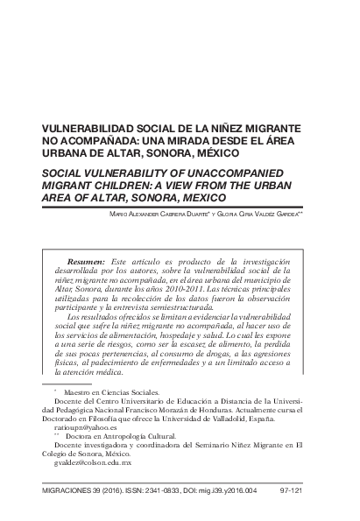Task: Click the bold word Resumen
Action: point(86,262)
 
